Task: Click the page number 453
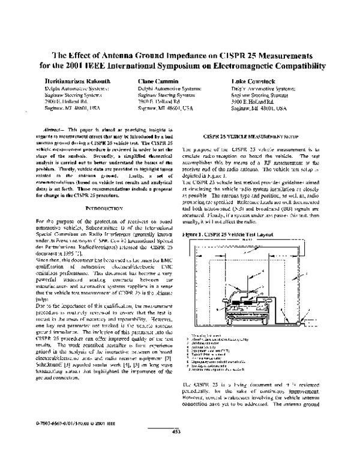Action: coord(177,448)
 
